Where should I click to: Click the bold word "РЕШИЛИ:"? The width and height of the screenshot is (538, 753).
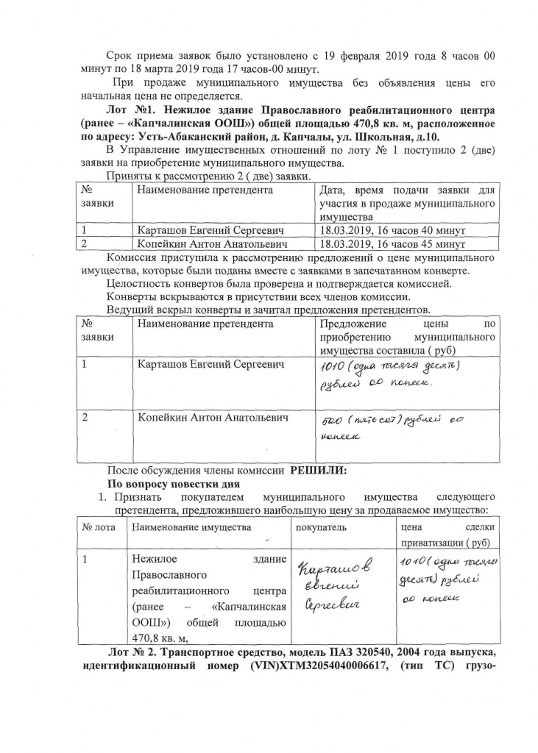pos(317,471)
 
